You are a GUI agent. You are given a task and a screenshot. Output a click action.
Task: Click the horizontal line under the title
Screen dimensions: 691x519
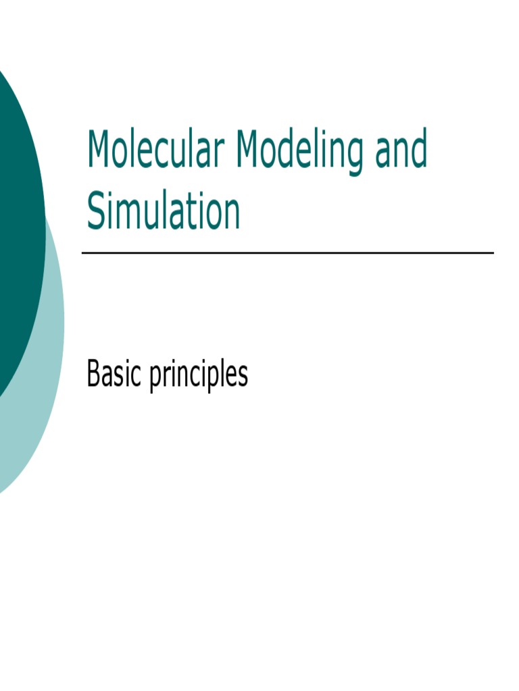(287, 253)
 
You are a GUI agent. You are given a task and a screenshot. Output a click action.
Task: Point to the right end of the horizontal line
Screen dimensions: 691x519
(493, 253)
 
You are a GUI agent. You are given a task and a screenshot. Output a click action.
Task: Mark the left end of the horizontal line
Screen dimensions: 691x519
(83, 253)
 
